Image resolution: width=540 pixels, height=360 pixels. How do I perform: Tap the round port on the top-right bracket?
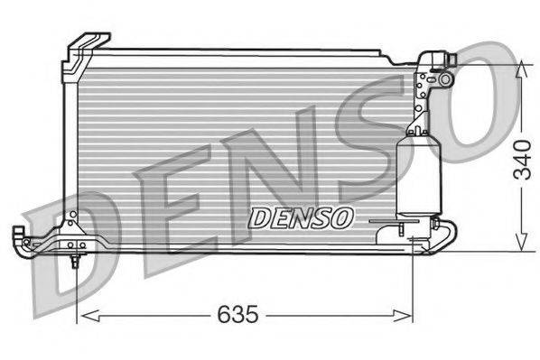click(445, 79)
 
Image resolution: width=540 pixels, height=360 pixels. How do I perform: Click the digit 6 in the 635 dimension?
click(223, 315)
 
